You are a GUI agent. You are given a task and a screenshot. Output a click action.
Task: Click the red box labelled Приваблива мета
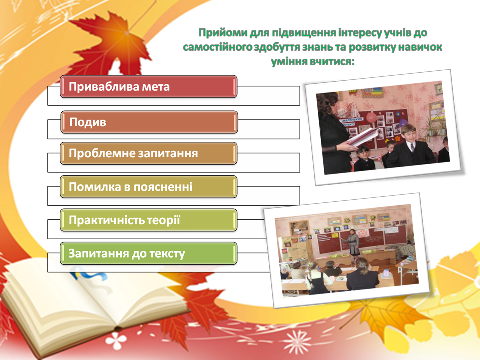pos(149,87)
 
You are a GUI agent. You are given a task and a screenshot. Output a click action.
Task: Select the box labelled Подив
pos(149,122)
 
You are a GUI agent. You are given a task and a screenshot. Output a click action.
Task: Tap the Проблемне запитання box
pos(149,153)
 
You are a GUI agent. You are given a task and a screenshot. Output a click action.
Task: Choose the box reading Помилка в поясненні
pos(149,187)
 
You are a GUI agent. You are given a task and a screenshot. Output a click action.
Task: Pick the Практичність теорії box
pos(149,220)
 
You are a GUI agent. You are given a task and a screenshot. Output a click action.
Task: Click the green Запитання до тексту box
pos(149,254)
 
